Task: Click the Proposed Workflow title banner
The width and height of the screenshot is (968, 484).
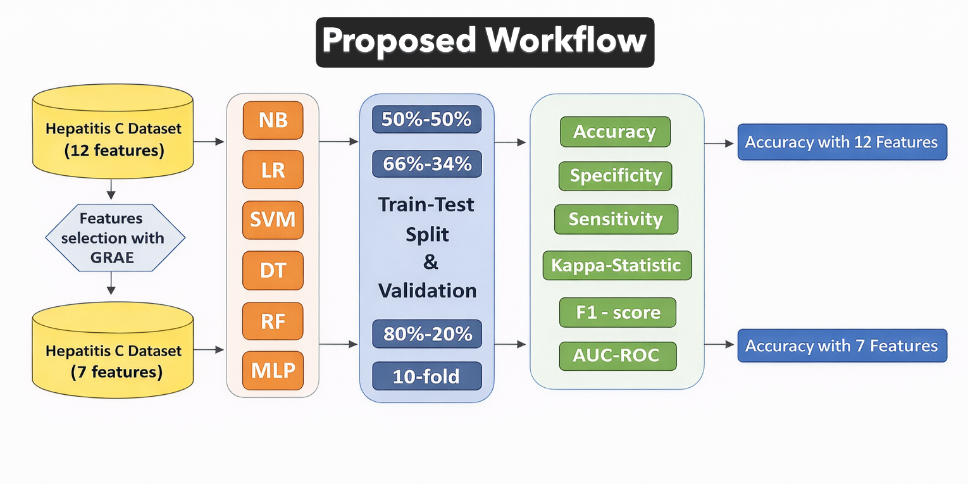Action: click(x=485, y=42)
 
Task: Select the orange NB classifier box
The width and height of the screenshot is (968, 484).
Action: click(x=273, y=120)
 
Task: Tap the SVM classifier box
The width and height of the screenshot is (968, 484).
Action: click(x=273, y=220)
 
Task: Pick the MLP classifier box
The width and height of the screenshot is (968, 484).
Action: click(x=273, y=370)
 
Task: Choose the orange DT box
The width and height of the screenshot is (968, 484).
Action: click(x=273, y=271)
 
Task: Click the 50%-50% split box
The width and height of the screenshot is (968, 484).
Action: click(x=426, y=119)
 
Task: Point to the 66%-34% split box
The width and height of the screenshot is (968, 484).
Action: click(x=426, y=164)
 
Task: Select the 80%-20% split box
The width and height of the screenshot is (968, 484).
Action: click(x=426, y=334)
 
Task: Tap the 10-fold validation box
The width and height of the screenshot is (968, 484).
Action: click(x=426, y=376)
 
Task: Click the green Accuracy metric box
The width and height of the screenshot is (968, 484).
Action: click(x=615, y=132)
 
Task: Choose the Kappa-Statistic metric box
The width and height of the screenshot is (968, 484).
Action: click(x=617, y=265)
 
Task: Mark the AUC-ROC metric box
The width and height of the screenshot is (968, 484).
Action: click(x=617, y=356)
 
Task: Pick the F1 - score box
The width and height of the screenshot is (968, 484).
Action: click(x=617, y=313)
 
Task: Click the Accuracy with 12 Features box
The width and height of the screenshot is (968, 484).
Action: click(x=841, y=142)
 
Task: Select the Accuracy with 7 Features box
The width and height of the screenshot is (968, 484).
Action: click(x=841, y=345)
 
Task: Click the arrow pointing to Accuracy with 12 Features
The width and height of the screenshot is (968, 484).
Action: click(x=719, y=144)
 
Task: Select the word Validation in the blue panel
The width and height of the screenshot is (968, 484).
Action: click(x=427, y=290)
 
